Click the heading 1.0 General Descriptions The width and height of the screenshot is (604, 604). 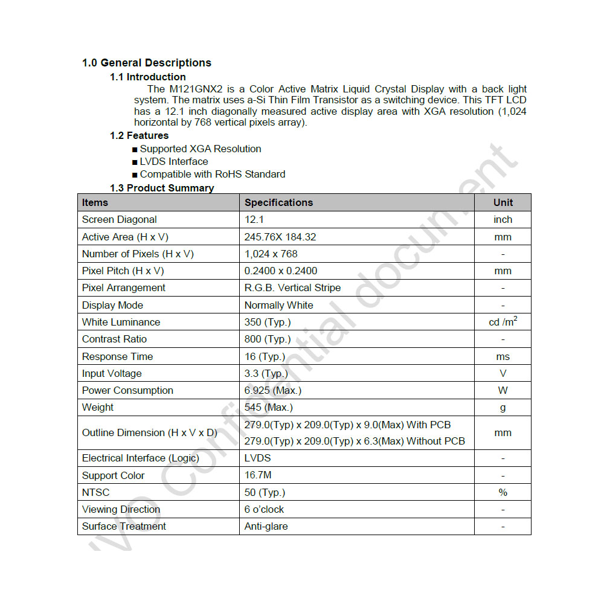tap(147, 63)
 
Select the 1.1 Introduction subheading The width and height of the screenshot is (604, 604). tap(148, 77)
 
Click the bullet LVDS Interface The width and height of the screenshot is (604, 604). tap(174, 161)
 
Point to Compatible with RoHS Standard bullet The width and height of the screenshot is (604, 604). tap(213, 174)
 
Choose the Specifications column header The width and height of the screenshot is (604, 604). tap(278, 202)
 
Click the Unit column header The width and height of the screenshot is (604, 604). tap(503, 202)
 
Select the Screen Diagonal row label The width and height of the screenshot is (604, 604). tap(120, 219)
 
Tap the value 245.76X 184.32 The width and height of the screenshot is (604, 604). tap(280, 237)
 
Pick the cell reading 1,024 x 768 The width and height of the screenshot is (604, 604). tap(271, 254)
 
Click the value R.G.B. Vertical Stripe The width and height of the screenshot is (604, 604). tap(292, 288)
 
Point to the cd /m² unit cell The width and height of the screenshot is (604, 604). tap(503, 322)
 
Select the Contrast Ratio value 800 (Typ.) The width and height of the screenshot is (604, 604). tap(268, 339)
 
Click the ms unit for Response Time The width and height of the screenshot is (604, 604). tap(503, 356)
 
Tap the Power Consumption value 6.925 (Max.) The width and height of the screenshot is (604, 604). tap(273, 390)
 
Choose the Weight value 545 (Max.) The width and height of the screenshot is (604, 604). tap(269, 407)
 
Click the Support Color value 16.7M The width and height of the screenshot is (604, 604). tap(258, 475)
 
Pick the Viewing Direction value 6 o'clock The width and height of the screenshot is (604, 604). tap(265, 509)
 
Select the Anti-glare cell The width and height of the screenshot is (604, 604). tap(266, 526)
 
